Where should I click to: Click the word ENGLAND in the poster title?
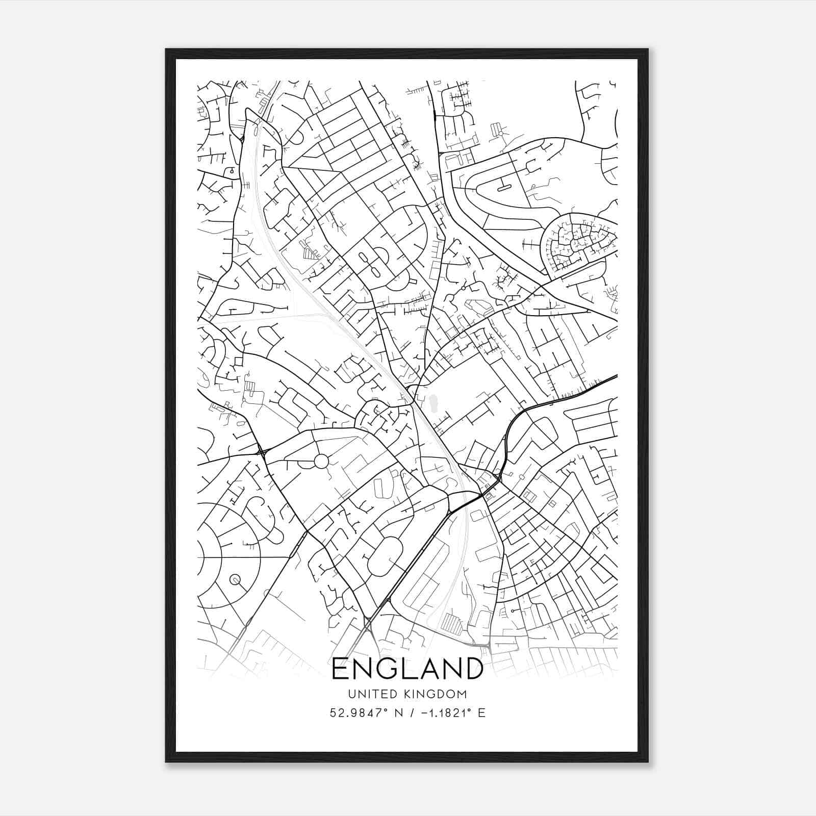(407, 668)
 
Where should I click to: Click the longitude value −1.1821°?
(443, 713)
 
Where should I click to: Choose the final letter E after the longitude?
(481, 713)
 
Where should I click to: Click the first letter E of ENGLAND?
(340, 668)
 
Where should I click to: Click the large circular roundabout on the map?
(321, 461)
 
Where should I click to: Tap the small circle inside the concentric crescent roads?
(235, 579)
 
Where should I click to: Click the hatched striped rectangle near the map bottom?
(451, 623)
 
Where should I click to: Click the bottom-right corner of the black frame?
(648, 761)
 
